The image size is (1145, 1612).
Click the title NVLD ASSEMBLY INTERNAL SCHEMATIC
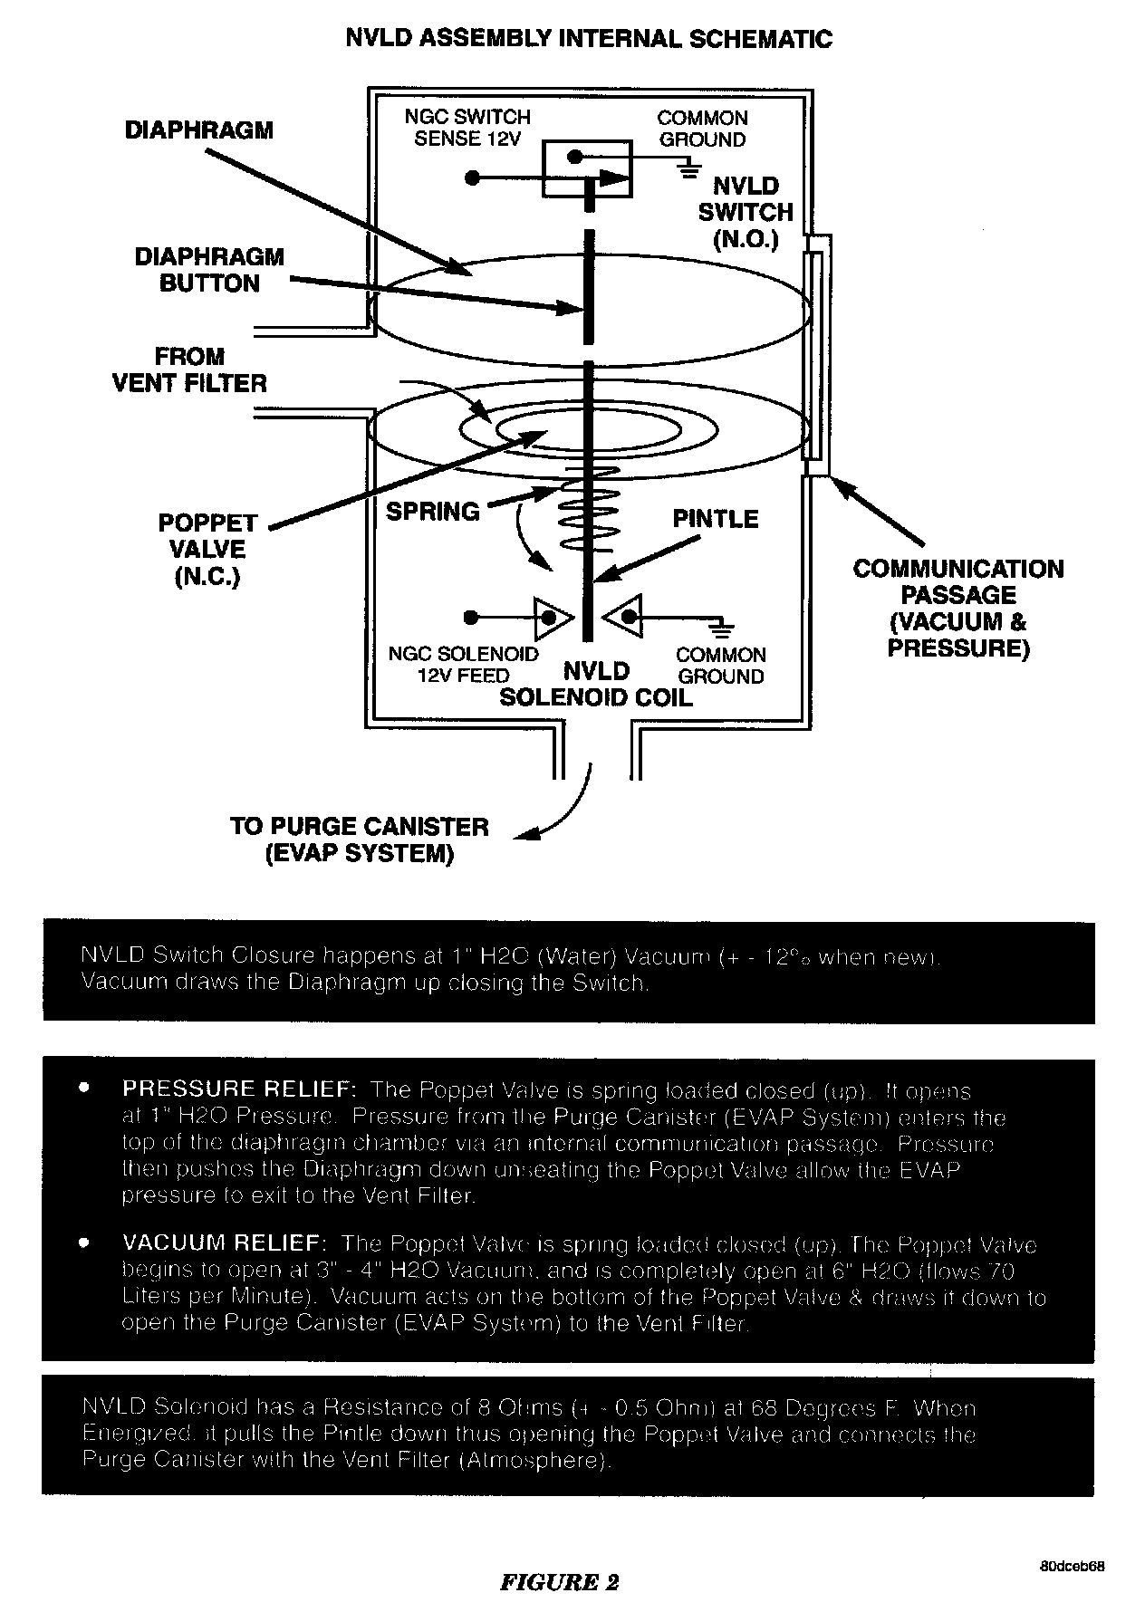589,39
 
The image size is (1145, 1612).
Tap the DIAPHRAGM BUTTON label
209,270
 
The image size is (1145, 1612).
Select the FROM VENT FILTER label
189,369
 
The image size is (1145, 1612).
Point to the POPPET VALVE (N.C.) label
207,550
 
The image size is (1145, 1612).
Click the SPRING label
432,512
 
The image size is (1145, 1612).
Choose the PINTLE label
715,519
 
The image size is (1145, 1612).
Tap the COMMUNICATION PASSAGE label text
957,608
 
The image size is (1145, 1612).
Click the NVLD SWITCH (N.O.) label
746,213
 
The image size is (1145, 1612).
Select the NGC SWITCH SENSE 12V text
467,128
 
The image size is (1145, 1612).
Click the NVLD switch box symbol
586,168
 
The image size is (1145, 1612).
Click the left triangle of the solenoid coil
553,618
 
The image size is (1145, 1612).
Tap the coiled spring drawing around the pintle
590,512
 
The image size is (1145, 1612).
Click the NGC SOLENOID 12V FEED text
463,665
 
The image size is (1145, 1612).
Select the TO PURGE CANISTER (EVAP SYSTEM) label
359,840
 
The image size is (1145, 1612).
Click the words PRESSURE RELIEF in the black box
239,1089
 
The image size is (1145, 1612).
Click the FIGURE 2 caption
559,1582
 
